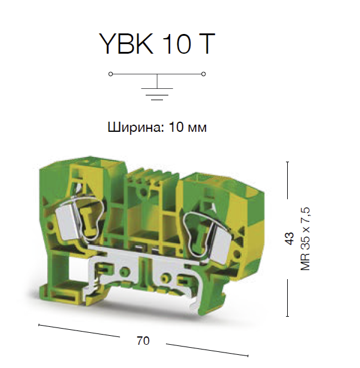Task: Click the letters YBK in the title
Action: tap(127, 44)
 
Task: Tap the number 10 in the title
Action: tap(176, 44)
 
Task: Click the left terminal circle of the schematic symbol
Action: tap(110, 74)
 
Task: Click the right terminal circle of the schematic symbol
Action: tap(204, 74)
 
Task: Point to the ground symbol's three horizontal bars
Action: tap(157, 94)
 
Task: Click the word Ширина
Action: tap(136, 128)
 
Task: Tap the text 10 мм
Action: tap(187, 128)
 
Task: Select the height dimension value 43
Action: tap(290, 239)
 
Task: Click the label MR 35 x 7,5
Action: tap(305, 239)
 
